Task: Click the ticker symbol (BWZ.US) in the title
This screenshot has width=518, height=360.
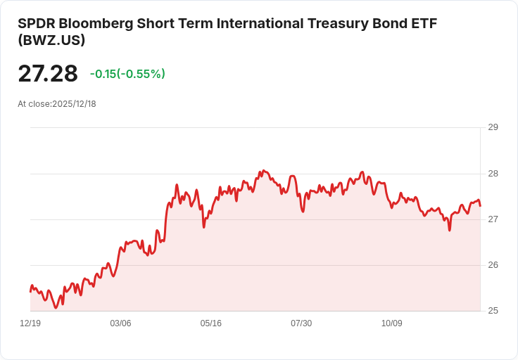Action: point(51,40)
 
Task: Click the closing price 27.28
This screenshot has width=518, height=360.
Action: point(48,74)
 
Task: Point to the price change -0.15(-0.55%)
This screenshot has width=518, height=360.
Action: point(127,74)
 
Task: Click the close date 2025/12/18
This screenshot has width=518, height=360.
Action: point(74,104)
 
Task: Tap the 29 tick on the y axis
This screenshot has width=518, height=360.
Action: point(493,127)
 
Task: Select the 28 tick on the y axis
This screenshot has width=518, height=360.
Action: point(493,174)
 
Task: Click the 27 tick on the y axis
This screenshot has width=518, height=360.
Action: point(493,219)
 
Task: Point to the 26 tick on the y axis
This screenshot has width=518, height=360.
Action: point(493,265)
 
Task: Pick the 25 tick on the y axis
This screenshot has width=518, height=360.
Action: point(493,311)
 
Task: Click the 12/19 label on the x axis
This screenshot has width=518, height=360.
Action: point(30,323)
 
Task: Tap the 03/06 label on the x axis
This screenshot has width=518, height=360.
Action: point(120,323)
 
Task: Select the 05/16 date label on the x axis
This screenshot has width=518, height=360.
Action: point(211,323)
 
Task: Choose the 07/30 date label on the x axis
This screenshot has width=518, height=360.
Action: point(301,323)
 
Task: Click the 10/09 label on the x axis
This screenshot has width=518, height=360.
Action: point(391,323)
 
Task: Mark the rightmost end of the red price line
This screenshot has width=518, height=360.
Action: point(480,205)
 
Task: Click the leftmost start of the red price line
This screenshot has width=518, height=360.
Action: point(30,290)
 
